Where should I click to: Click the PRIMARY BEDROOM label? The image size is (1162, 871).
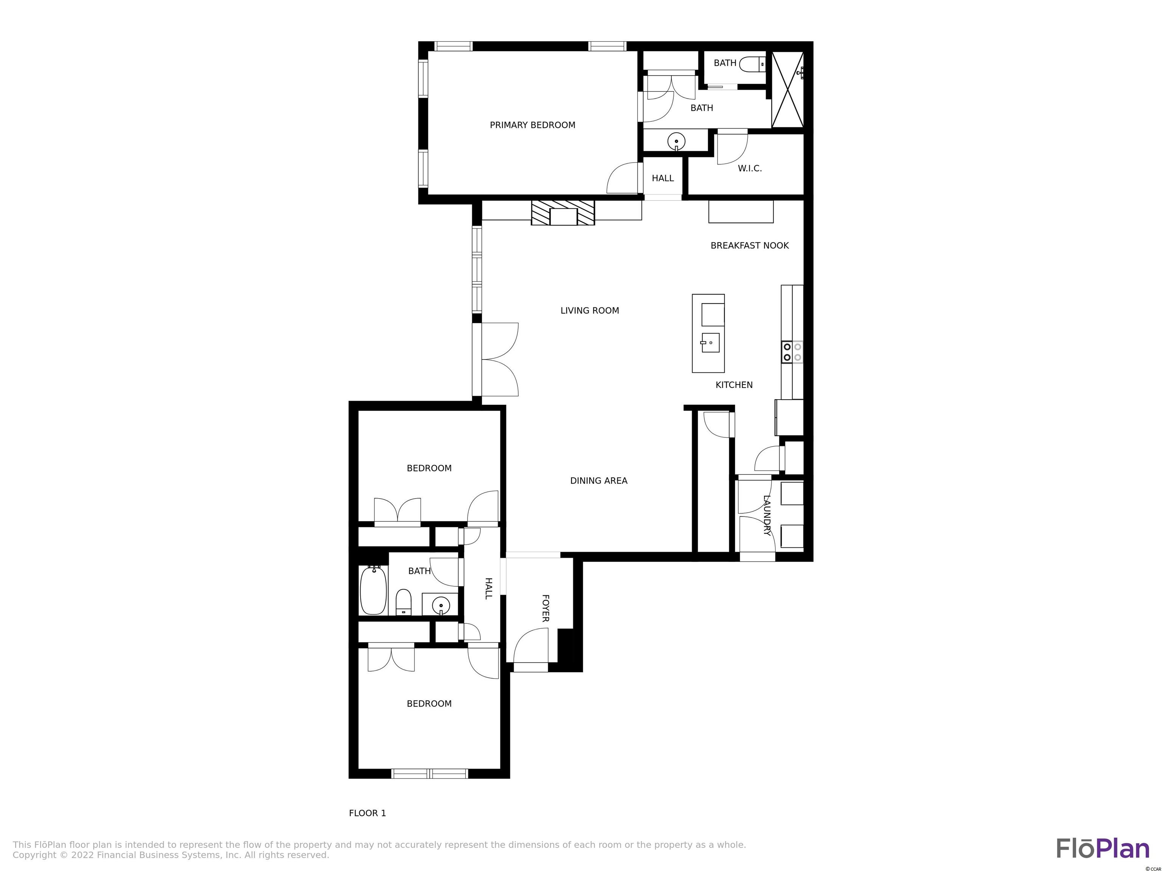532,125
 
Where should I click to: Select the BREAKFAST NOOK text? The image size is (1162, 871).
750,246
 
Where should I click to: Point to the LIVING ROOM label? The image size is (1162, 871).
589,311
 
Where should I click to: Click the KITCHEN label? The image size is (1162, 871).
734,385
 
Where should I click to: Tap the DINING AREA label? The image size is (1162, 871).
598,480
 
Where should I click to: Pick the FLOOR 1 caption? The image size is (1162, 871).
367,813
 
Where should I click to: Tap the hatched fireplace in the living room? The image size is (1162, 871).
562,212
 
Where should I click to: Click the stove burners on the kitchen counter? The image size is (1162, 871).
792,352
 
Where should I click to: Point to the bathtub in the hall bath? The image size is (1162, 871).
373,590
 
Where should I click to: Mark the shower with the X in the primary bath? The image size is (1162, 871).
788,89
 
